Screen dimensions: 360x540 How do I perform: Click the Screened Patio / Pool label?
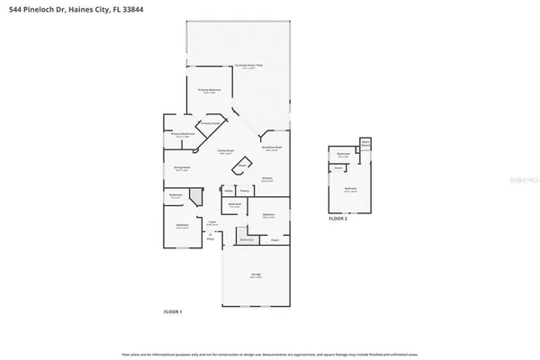point(248,66)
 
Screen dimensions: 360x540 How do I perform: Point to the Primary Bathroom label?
point(183,136)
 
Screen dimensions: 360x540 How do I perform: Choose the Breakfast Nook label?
point(273,148)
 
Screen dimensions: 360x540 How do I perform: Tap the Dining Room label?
point(182,168)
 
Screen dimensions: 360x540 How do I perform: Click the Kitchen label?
point(267,179)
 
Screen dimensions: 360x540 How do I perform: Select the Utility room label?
point(229,190)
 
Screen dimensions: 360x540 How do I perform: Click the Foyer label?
point(214,223)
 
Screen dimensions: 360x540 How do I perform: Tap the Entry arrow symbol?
point(211,235)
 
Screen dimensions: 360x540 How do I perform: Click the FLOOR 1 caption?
point(173,311)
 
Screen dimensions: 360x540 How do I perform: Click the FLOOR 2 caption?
point(337,219)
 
